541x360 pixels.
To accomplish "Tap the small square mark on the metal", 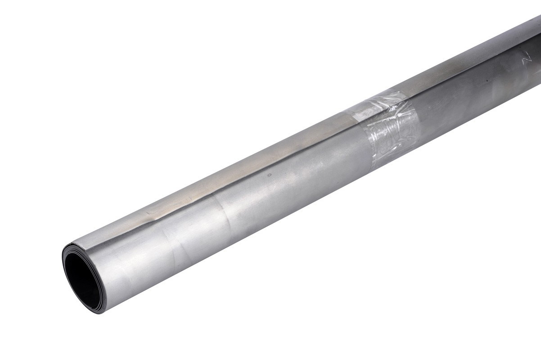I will (x=270, y=175).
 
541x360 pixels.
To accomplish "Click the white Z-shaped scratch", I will (x=524, y=58).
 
